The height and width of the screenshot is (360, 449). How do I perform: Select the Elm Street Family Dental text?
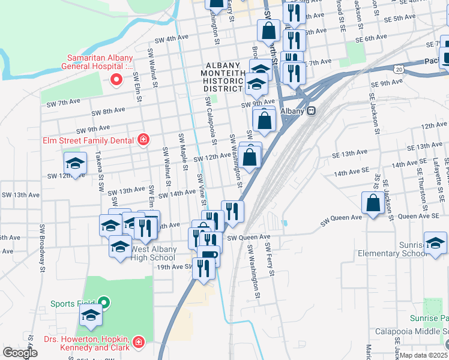pyautogui.click(x=89, y=141)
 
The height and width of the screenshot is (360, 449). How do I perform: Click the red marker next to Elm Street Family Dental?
pyautogui.click(x=143, y=140)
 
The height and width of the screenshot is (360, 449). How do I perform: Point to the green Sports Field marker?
pyautogui.click(x=103, y=302)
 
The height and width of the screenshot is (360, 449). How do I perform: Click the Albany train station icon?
pyautogui.click(x=311, y=111)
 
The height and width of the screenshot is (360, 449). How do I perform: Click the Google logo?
pyautogui.click(x=20, y=352)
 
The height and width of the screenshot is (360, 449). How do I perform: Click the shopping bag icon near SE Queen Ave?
pyautogui.click(x=373, y=203)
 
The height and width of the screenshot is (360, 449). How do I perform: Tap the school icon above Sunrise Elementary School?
pyautogui.click(x=435, y=242)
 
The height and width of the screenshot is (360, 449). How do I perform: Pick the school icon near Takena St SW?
pyautogui.click(x=75, y=163)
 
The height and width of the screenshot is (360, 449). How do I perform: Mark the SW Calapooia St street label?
pyautogui.click(x=210, y=120)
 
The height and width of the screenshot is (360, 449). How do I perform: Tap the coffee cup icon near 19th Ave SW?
pyautogui.click(x=208, y=256)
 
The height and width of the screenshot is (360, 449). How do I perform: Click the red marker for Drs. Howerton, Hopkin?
pyautogui.click(x=139, y=342)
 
